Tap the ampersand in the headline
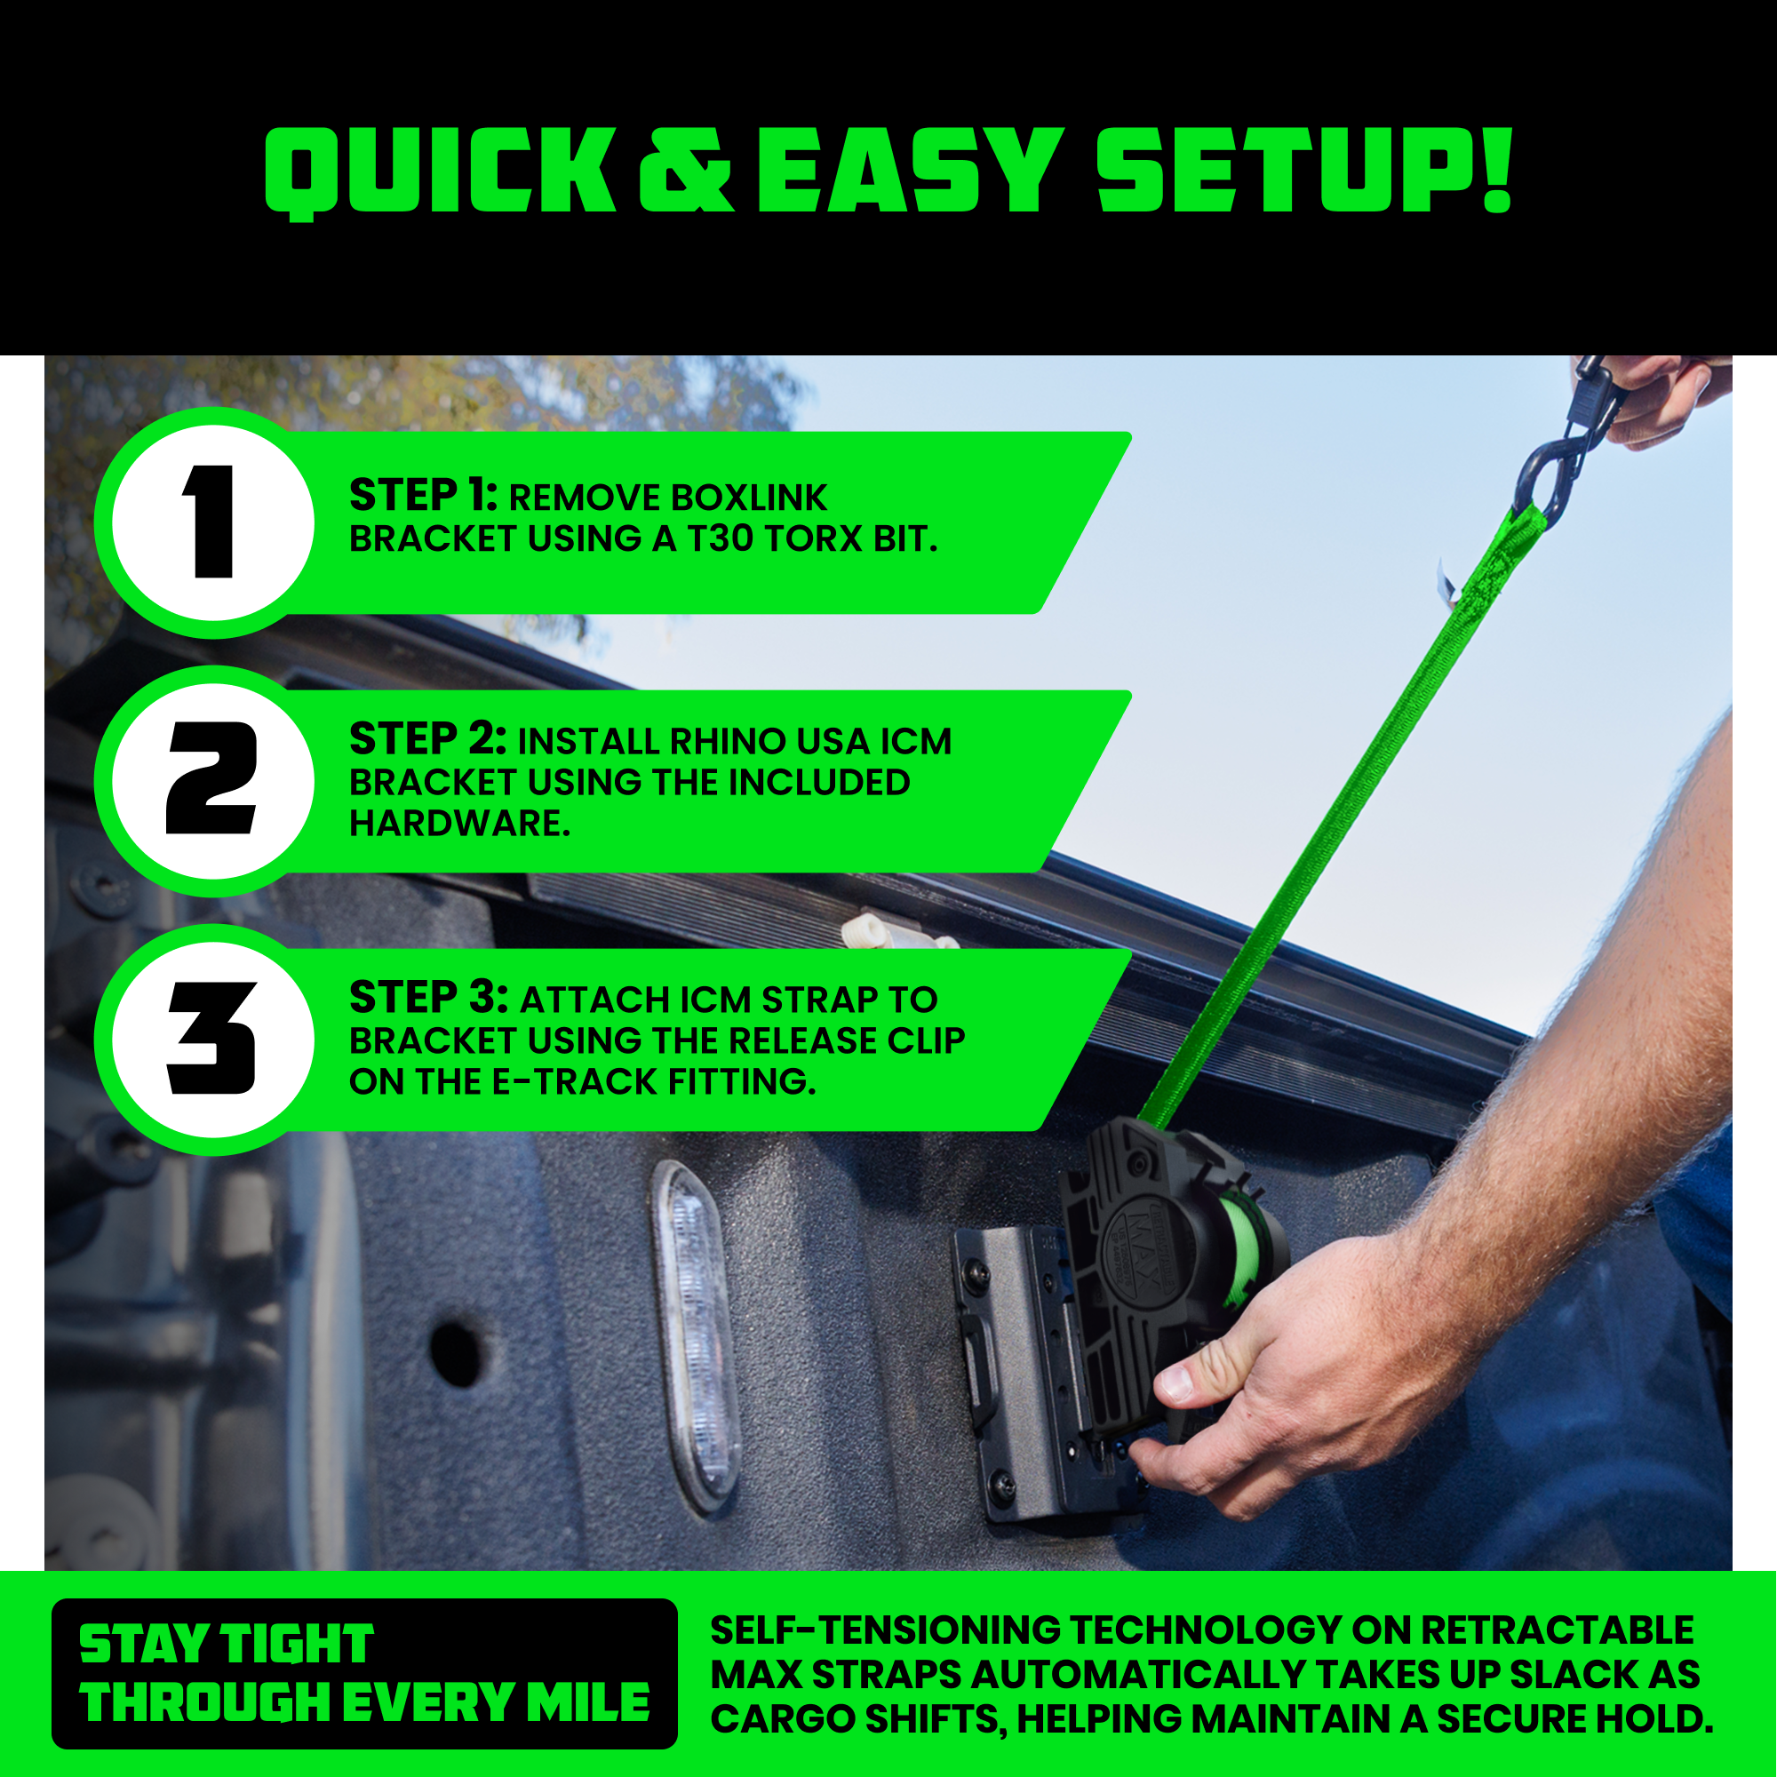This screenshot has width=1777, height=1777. click(685, 171)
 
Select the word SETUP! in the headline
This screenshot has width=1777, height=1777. click(1303, 171)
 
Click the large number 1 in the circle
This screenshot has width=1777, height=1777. click(209, 522)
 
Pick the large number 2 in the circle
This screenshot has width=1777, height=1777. click(211, 778)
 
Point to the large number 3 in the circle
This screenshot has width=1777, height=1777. click(211, 1038)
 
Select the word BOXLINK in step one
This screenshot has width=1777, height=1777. click(749, 498)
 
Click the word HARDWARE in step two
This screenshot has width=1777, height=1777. click(459, 824)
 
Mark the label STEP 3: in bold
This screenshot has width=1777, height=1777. click(427, 998)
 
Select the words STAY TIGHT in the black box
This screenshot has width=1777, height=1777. click(227, 1645)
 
